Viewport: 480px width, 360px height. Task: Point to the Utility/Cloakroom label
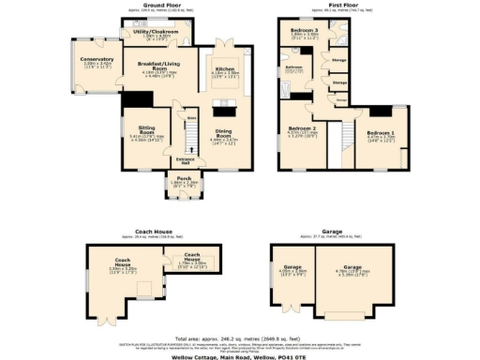[156, 31]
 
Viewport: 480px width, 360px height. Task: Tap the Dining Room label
[221, 138]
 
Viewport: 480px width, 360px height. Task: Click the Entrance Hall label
[185, 162]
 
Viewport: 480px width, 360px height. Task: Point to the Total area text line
[240, 337]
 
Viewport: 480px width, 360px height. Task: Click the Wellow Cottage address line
[240, 355]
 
